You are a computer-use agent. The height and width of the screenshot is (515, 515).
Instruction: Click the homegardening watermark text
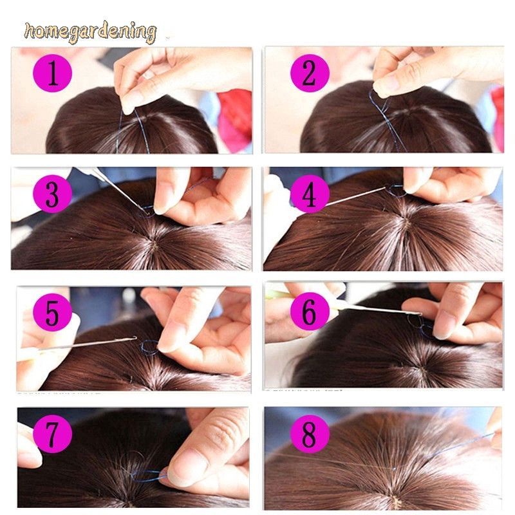coord(90,32)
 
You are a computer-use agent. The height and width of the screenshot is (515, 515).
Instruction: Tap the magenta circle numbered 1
coord(52,75)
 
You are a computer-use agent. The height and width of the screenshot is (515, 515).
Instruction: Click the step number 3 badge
coord(52,193)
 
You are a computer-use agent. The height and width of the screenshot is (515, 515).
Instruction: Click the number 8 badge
coord(310,435)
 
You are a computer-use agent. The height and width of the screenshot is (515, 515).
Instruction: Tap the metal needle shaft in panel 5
coord(90,344)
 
